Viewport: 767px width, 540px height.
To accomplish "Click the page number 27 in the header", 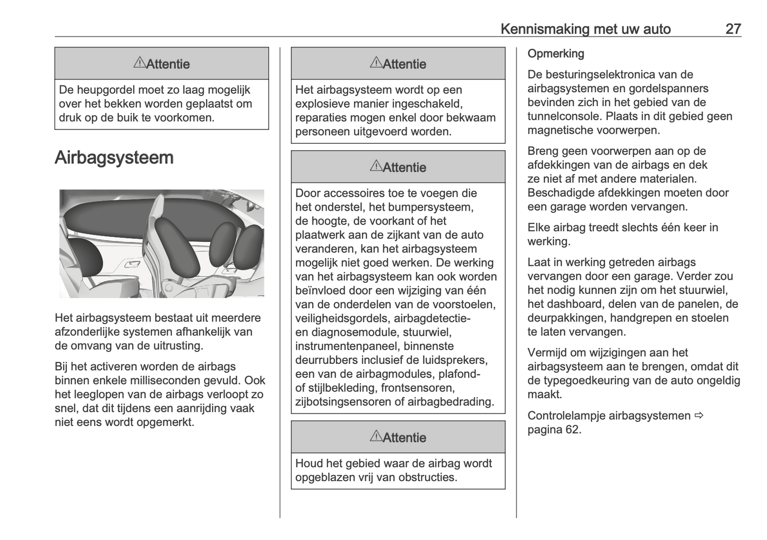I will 732,29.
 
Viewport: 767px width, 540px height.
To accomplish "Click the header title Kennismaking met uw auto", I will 585,29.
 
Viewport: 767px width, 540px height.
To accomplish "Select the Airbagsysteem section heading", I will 114,158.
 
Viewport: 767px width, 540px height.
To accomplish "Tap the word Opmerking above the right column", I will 556,54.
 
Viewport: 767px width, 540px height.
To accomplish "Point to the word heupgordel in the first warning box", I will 108,90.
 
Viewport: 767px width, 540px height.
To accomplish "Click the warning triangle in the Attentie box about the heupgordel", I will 139,63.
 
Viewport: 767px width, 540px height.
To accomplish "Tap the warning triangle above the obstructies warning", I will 375,437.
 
